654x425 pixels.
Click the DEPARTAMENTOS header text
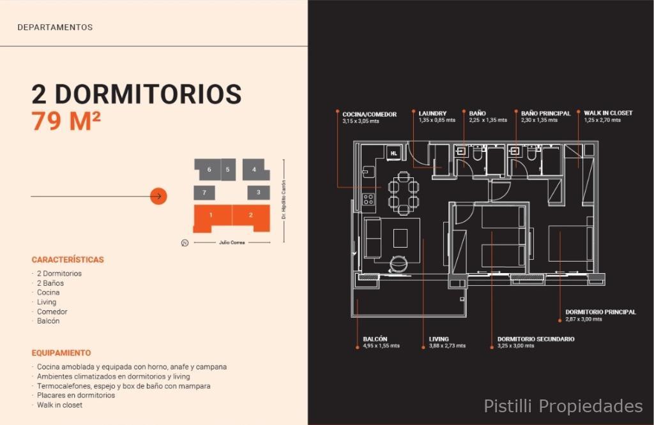[x=55, y=27]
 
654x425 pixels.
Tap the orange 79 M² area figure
[x=66, y=121]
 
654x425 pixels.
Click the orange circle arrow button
[x=158, y=196]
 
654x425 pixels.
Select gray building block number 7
[x=204, y=193]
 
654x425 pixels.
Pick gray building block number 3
[x=259, y=193]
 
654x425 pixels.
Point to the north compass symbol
[x=185, y=242]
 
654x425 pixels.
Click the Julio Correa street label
[x=232, y=242]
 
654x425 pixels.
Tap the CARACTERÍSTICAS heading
[x=68, y=260]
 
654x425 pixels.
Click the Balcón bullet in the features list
[x=48, y=321]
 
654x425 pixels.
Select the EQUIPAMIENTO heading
[x=61, y=353]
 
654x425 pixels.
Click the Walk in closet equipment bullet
[x=59, y=405]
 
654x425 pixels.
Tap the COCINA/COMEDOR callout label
[x=370, y=114]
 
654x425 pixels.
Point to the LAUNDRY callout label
[x=432, y=114]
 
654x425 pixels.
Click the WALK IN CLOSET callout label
[x=608, y=113]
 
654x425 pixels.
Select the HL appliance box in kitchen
[x=393, y=153]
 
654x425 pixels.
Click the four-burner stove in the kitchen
[x=369, y=200]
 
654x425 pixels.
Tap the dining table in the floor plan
[x=403, y=193]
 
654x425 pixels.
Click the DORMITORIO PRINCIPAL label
[x=600, y=311]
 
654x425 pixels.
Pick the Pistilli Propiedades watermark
[x=563, y=406]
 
